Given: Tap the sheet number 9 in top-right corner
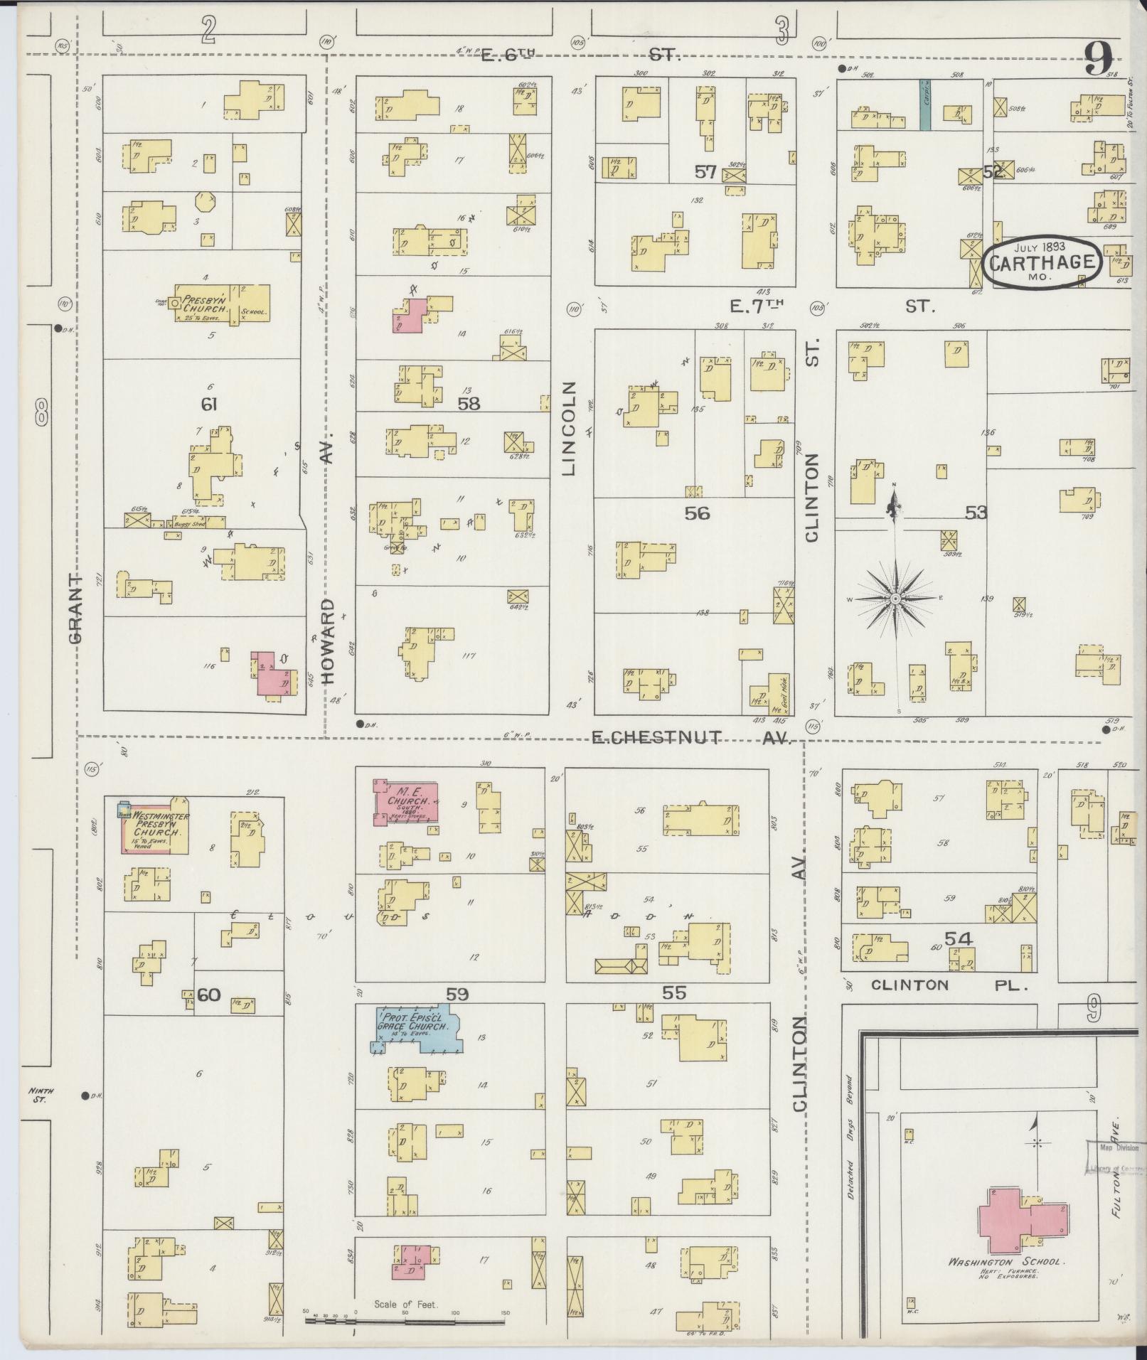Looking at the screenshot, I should tap(1099, 59).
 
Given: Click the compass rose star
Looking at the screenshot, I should tap(895, 599).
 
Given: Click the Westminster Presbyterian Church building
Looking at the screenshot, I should tap(155, 828).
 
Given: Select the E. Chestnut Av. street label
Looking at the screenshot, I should tap(691, 738).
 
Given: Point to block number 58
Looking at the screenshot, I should tap(469, 404).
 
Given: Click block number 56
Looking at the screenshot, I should tap(697, 513).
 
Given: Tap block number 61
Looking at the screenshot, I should tap(208, 405).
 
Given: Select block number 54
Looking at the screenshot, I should tap(958, 939).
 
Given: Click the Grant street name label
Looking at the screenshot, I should tap(76, 609).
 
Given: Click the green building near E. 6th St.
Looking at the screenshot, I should tap(924, 105).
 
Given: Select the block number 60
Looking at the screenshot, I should tap(208, 995).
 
